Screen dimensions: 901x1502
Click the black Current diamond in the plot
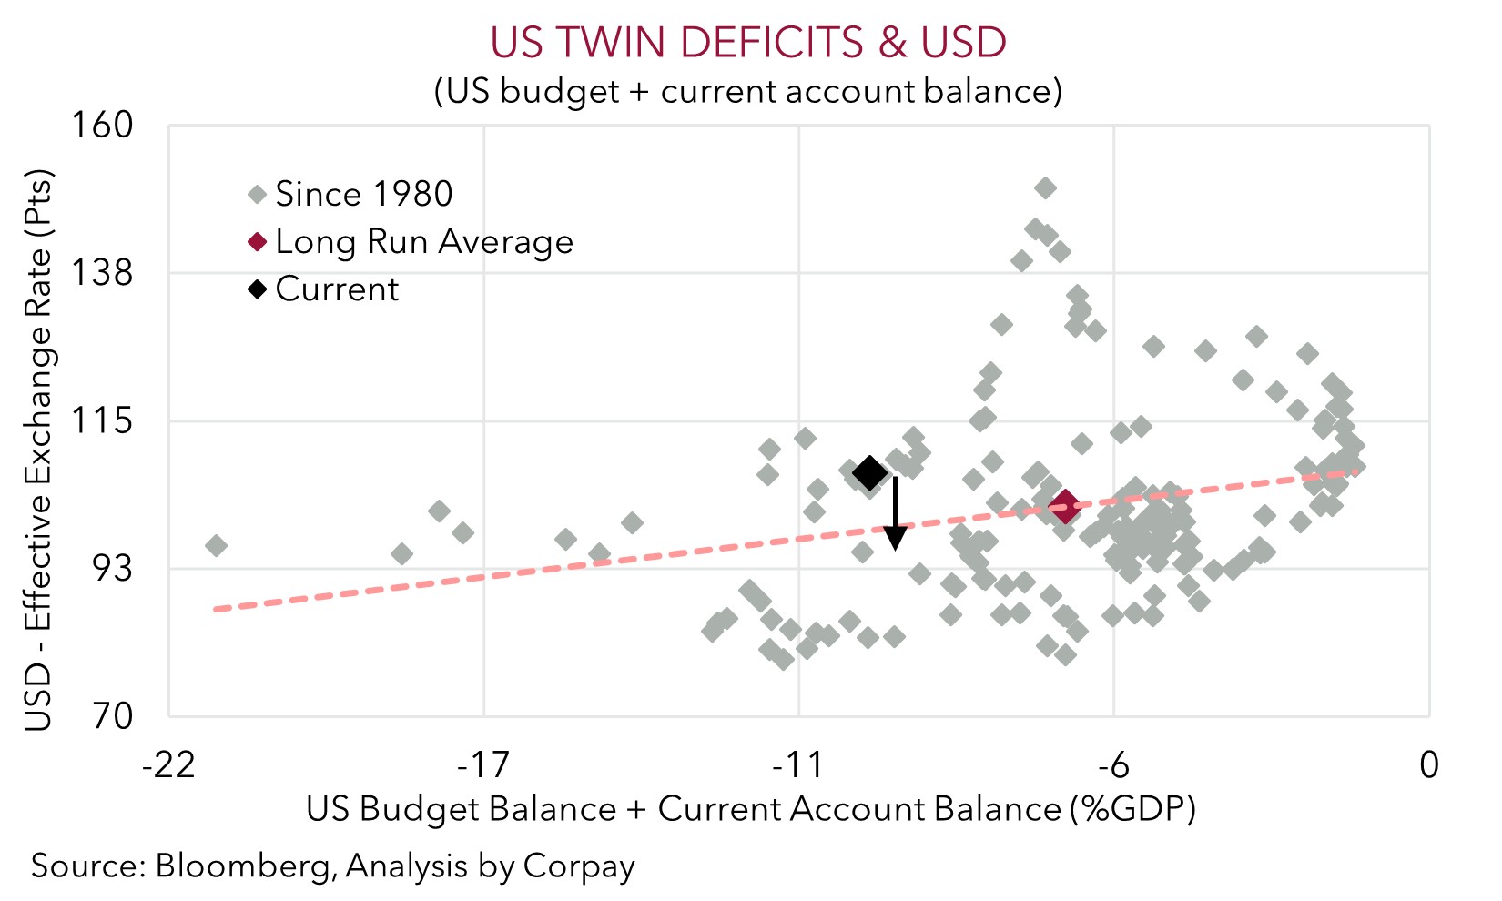[869, 472]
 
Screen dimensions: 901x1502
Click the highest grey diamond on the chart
[1045, 188]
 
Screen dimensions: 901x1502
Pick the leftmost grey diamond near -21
[216, 546]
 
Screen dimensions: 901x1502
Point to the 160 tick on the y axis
[102, 126]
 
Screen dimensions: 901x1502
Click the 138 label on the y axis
[102, 272]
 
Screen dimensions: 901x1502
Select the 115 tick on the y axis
[102, 421]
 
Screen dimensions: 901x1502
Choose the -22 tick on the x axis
[168, 765]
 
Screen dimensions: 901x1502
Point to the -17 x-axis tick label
[482, 765]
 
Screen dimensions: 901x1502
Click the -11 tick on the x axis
[797, 765]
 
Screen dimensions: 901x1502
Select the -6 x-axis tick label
[1112, 765]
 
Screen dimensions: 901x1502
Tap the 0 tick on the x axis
[1429, 765]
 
